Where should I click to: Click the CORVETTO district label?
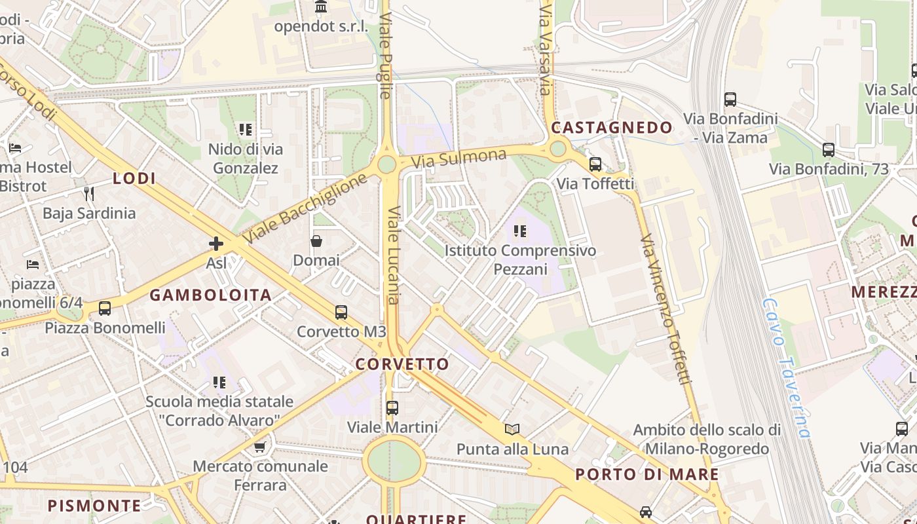tap(402, 364)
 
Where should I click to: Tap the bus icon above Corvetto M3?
tap(341, 312)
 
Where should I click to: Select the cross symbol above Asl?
tap(216, 244)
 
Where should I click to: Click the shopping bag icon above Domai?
tap(316, 241)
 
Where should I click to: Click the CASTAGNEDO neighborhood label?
tap(612, 127)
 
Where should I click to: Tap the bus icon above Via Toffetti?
tap(595, 164)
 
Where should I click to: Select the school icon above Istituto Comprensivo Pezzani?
tap(520, 231)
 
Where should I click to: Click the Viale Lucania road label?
tap(393, 255)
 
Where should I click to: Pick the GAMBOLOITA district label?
tap(210, 295)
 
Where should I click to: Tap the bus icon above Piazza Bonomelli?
tap(104, 308)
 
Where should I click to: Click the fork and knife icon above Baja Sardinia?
tap(89, 193)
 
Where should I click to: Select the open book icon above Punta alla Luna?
tap(512, 429)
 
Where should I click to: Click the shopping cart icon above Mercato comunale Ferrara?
tap(260, 447)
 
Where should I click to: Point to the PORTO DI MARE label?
tap(647, 474)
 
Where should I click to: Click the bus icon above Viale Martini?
tap(392, 407)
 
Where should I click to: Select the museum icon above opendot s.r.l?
tap(321, 7)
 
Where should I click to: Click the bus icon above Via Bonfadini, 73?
tap(829, 149)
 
